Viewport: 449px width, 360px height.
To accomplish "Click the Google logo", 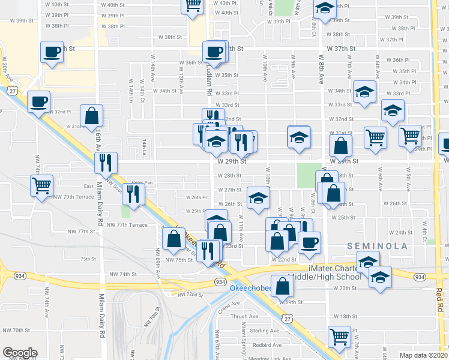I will coord(20,353).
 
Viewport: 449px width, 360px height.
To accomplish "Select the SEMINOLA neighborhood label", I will coord(377,246).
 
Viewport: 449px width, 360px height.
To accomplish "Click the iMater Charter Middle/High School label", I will coord(326,272).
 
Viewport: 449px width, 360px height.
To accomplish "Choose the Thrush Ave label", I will coord(243,316).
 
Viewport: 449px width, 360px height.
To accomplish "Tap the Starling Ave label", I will coord(265,331).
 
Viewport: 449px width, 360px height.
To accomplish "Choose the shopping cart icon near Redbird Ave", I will coord(339,337).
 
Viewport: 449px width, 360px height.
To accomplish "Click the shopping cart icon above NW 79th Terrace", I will coord(41,185).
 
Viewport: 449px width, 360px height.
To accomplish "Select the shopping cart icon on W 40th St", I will coord(193,5).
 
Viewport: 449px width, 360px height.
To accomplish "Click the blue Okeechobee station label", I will coord(251,289).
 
